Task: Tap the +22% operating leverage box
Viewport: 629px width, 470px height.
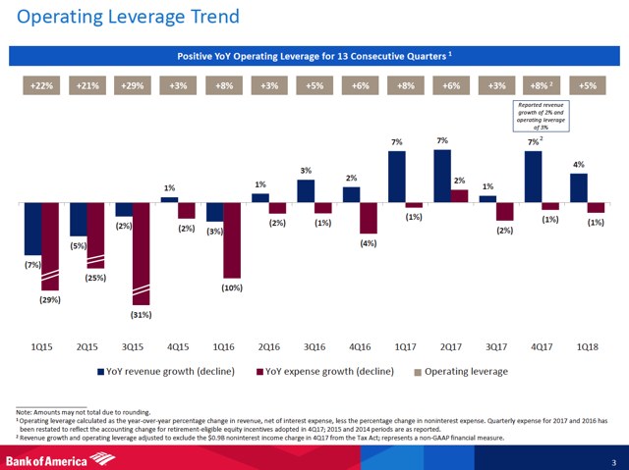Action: (x=40, y=85)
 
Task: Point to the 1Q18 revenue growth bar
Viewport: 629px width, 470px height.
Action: (x=579, y=187)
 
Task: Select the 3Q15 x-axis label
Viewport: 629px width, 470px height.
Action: (x=133, y=346)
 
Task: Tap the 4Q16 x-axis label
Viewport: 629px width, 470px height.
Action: (x=360, y=346)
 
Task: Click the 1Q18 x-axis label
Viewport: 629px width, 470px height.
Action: (x=587, y=346)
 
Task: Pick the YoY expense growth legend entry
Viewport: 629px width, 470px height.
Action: (x=326, y=373)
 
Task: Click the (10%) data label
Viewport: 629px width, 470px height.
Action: (x=231, y=287)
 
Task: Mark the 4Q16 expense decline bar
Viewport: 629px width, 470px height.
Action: (x=369, y=218)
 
